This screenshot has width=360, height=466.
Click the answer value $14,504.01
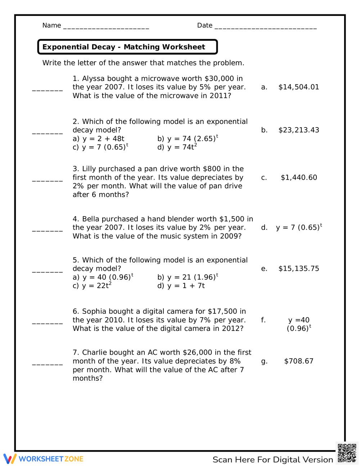click(x=298, y=87)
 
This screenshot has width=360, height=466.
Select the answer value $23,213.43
click(x=298, y=130)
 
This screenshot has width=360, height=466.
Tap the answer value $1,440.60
click(x=299, y=178)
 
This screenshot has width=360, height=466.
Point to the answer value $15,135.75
click(x=298, y=269)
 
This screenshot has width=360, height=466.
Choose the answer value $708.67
click(x=298, y=361)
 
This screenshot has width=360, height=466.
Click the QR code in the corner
click(x=347, y=453)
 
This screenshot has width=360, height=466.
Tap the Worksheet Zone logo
click(x=44, y=459)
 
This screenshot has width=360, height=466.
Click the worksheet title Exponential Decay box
click(x=127, y=47)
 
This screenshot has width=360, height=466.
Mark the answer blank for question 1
click(x=48, y=90)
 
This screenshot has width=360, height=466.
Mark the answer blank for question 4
click(x=48, y=230)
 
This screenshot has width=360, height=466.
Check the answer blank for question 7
click(x=48, y=364)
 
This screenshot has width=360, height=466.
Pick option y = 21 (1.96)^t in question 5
click(x=188, y=277)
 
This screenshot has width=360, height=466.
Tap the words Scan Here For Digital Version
click(x=273, y=460)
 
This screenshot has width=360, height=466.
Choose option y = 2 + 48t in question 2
click(x=99, y=139)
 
